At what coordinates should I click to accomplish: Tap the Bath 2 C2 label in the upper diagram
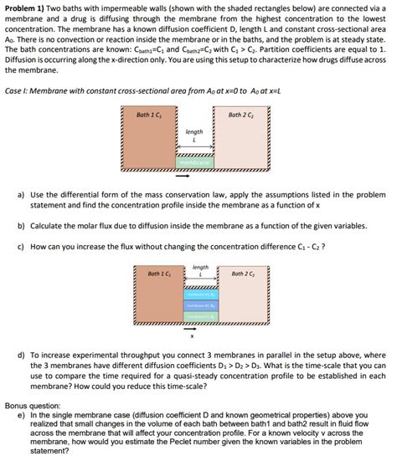click(x=241, y=115)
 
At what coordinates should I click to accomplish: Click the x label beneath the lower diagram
click(x=192, y=337)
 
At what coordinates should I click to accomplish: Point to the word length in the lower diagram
click(x=200, y=268)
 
